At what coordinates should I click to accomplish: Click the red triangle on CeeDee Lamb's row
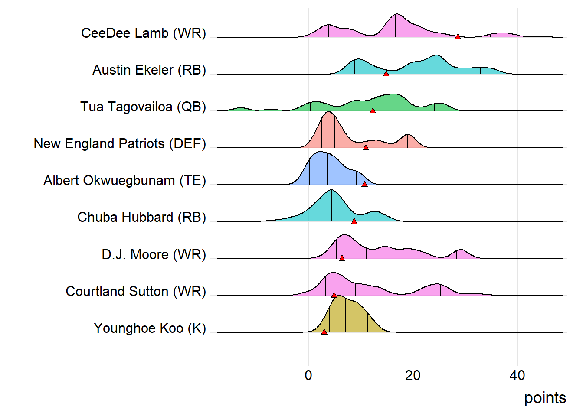(x=458, y=37)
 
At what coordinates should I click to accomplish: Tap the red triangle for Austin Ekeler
(x=386, y=74)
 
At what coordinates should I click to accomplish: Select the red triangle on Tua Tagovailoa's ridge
(x=373, y=110)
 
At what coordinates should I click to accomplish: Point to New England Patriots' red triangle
(x=366, y=147)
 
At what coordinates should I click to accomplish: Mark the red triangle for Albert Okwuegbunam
(x=364, y=184)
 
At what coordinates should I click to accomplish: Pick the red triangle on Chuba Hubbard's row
(x=354, y=221)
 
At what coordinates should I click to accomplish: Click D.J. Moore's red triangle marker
(x=342, y=258)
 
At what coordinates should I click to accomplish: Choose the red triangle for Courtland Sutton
(x=334, y=295)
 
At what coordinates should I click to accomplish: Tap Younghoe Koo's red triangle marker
(x=324, y=332)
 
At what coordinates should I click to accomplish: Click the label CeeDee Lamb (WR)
(x=144, y=33)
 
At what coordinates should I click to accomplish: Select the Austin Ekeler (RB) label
(x=149, y=70)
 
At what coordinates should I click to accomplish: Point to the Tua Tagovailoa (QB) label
(x=143, y=107)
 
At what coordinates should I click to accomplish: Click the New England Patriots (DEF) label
(x=120, y=143)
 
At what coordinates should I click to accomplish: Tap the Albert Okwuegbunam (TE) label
(x=124, y=180)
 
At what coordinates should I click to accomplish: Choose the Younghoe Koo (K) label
(x=150, y=328)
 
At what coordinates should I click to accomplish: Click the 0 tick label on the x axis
(x=308, y=375)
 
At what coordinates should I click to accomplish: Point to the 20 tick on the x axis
(x=413, y=375)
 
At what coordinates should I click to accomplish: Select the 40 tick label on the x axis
(x=517, y=375)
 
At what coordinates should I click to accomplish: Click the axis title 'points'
(x=545, y=398)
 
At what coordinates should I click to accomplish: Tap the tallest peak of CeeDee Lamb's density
(x=396, y=15)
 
